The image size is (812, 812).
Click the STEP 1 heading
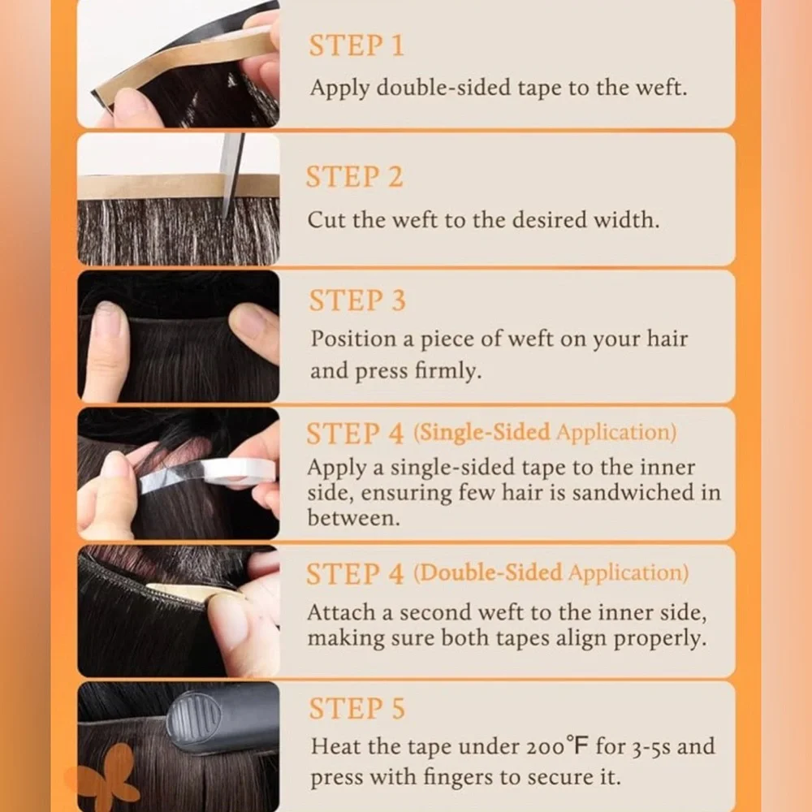[356, 45]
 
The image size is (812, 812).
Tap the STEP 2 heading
[355, 176]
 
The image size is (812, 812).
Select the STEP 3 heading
[357, 300]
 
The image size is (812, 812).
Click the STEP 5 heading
[356, 708]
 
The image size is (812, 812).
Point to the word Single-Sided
[482, 433]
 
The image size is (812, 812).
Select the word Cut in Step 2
[326, 219]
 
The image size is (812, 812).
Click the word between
[354, 517]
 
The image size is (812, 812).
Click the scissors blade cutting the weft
[230, 174]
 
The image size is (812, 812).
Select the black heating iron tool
[222, 719]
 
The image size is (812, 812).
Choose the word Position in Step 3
[354, 339]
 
